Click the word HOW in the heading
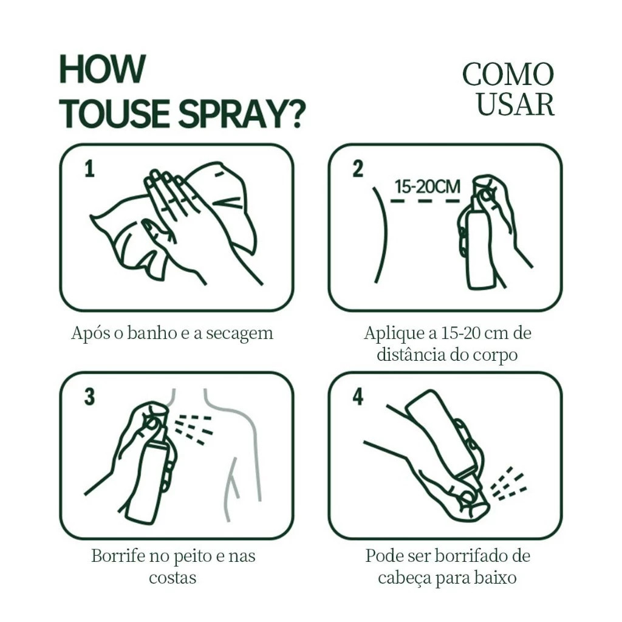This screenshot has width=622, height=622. [x=102, y=69]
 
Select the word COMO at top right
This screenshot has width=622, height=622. [x=508, y=74]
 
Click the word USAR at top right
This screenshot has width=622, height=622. [x=515, y=104]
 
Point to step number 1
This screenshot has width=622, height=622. [x=90, y=169]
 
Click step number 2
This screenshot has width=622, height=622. [x=358, y=169]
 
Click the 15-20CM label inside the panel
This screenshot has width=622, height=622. [x=427, y=186]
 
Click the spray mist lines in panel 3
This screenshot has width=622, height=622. [x=194, y=429]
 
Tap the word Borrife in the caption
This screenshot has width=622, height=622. [x=118, y=555]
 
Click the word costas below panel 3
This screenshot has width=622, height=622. [x=173, y=578]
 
